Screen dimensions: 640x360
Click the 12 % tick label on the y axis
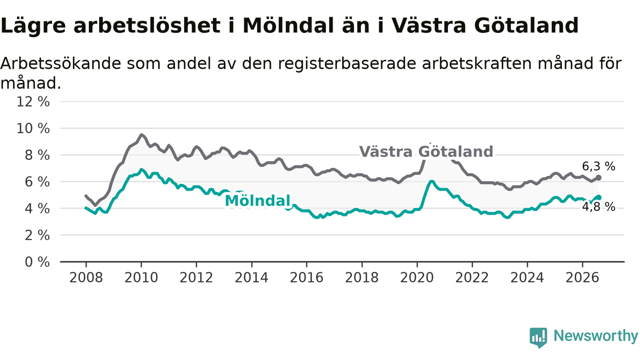click(33, 101)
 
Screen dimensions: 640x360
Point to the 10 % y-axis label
click(33, 128)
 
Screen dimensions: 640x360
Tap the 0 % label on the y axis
click(37, 262)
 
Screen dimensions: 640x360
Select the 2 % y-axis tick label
click(37, 235)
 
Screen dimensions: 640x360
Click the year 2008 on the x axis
click(86, 277)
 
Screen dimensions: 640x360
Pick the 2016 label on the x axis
click(306, 277)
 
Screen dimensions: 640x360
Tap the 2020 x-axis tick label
click(417, 277)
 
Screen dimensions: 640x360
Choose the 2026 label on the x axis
click(582, 277)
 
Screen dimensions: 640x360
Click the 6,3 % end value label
click(598, 166)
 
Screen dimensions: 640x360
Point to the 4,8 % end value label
click(598, 206)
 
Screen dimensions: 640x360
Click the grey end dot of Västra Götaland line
click(598, 177)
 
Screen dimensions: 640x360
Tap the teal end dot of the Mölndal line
click(598, 197)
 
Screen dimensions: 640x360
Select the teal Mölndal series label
click(257, 200)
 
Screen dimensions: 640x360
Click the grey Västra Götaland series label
click(426, 151)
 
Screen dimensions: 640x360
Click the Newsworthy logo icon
click(538, 337)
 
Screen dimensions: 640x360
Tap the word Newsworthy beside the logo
click(595, 336)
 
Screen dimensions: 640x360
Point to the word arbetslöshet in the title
click(147, 25)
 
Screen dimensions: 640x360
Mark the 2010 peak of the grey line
click(141, 134)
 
